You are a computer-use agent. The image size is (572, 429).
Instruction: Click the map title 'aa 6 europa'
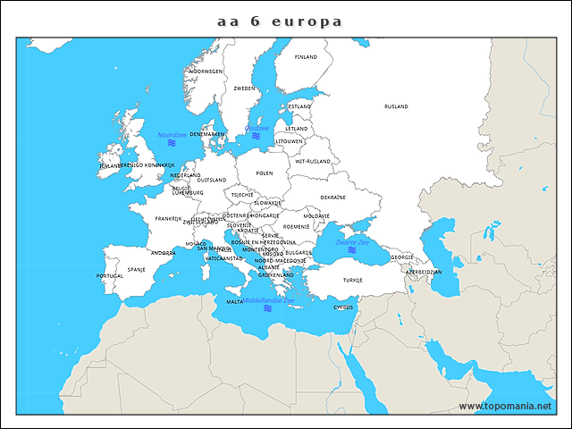click(280, 21)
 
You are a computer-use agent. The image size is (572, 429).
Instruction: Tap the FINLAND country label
click(306, 56)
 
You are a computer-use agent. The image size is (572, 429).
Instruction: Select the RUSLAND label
click(396, 106)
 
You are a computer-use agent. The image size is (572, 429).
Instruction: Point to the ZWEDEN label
click(244, 88)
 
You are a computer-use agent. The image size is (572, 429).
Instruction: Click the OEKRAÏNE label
click(332, 197)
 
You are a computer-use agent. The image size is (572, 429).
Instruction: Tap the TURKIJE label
click(353, 280)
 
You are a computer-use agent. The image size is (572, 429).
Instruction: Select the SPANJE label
click(137, 268)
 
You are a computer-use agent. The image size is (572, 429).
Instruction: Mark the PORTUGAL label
click(110, 275)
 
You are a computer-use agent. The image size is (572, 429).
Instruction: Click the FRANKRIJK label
click(168, 218)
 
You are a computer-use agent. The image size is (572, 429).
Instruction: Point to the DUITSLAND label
click(212, 180)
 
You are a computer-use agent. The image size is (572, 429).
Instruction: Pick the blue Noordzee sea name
click(172, 135)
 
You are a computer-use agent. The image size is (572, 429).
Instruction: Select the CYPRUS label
click(343, 307)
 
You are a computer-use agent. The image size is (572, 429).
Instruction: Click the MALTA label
click(234, 302)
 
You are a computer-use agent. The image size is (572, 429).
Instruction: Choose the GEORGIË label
click(402, 257)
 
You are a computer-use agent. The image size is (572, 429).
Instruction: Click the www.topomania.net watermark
click(506, 406)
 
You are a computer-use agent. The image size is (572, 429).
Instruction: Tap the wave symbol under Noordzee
click(172, 143)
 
